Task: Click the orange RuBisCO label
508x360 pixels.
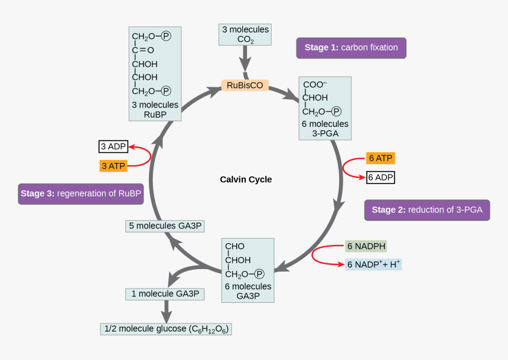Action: (x=245, y=85)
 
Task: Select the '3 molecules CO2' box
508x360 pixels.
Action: (x=245, y=34)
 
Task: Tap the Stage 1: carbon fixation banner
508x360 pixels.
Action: (x=351, y=48)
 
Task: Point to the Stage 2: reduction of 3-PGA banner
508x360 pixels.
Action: (x=427, y=210)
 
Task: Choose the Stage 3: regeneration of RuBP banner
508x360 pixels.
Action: (x=81, y=194)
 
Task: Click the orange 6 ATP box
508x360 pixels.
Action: (x=380, y=158)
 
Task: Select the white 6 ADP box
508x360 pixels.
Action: (x=380, y=178)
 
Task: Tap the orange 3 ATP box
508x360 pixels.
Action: (x=113, y=166)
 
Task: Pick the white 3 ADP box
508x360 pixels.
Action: (x=113, y=146)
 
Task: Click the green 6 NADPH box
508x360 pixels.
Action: (x=366, y=246)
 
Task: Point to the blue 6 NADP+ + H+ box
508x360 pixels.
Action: (x=373, y=264)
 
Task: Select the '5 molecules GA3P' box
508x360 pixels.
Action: (x=165, y=226)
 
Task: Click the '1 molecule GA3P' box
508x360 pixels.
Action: (x=165, y=294)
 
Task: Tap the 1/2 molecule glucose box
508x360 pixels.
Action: (x=166, y=329)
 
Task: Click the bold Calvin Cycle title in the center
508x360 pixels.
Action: (x=246, y=179)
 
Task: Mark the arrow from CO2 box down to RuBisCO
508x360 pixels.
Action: (x=245, y=58)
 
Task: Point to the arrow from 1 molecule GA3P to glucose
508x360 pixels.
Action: (x=167, y=312)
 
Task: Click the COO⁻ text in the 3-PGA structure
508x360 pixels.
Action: (x=315, y=84)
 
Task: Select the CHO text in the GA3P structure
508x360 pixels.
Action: (x=235, y=246)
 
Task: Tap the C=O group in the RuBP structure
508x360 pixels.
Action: (x=143, y=50)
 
